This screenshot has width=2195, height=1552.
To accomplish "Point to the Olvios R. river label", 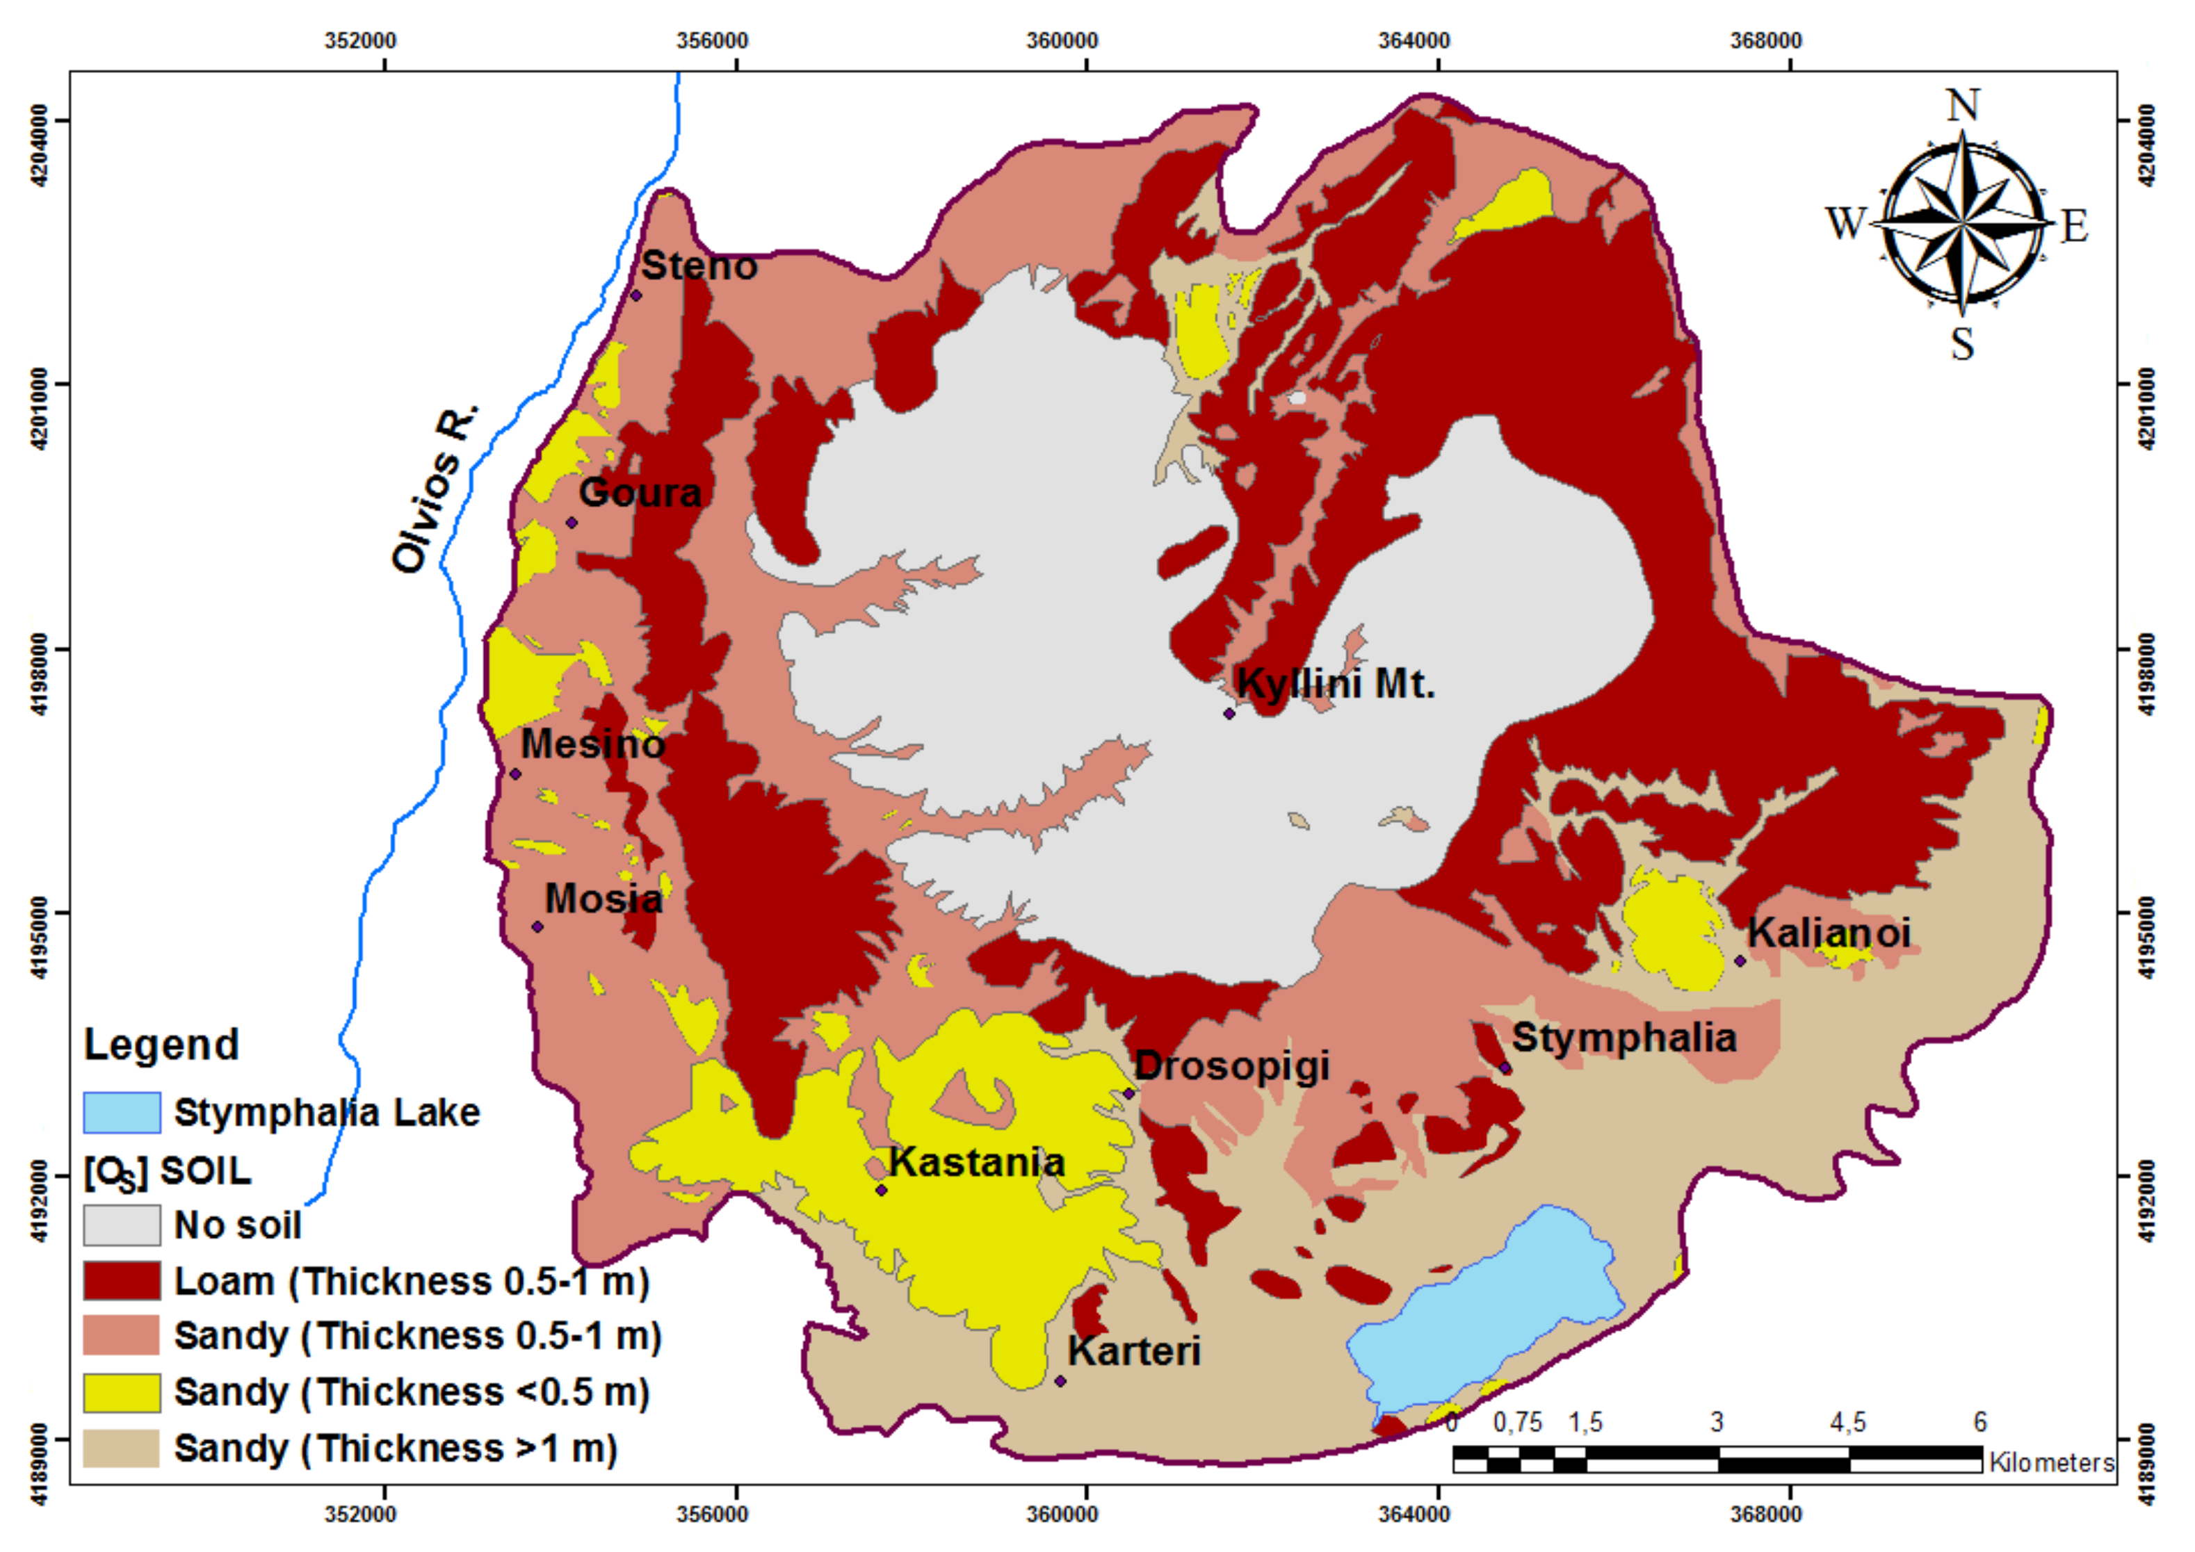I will pos(435,490).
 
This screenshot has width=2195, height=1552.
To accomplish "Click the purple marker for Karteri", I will pos(1060,1381).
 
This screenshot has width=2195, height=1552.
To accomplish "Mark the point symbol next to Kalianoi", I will pos(1740,961).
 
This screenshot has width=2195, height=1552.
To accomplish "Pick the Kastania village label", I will pos(976,1163).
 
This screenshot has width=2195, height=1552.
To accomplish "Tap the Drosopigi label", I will pos(1231,1065).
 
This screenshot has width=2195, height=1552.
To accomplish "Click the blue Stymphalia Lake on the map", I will pos(1491,1309).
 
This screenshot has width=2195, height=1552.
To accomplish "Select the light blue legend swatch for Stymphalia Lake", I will pos(122,1112).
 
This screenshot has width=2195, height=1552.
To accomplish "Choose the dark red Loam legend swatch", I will pos(122,1280).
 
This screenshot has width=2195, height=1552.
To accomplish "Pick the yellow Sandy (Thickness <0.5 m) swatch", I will pos(122,1392).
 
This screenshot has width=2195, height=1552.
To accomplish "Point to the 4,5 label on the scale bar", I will pos(1847,1423).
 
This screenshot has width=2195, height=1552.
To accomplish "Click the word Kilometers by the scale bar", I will pos(2052,1463).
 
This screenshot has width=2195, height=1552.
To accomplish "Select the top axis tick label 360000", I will pos(1062,41).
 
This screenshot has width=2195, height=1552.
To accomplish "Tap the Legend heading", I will pos(161,1045).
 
